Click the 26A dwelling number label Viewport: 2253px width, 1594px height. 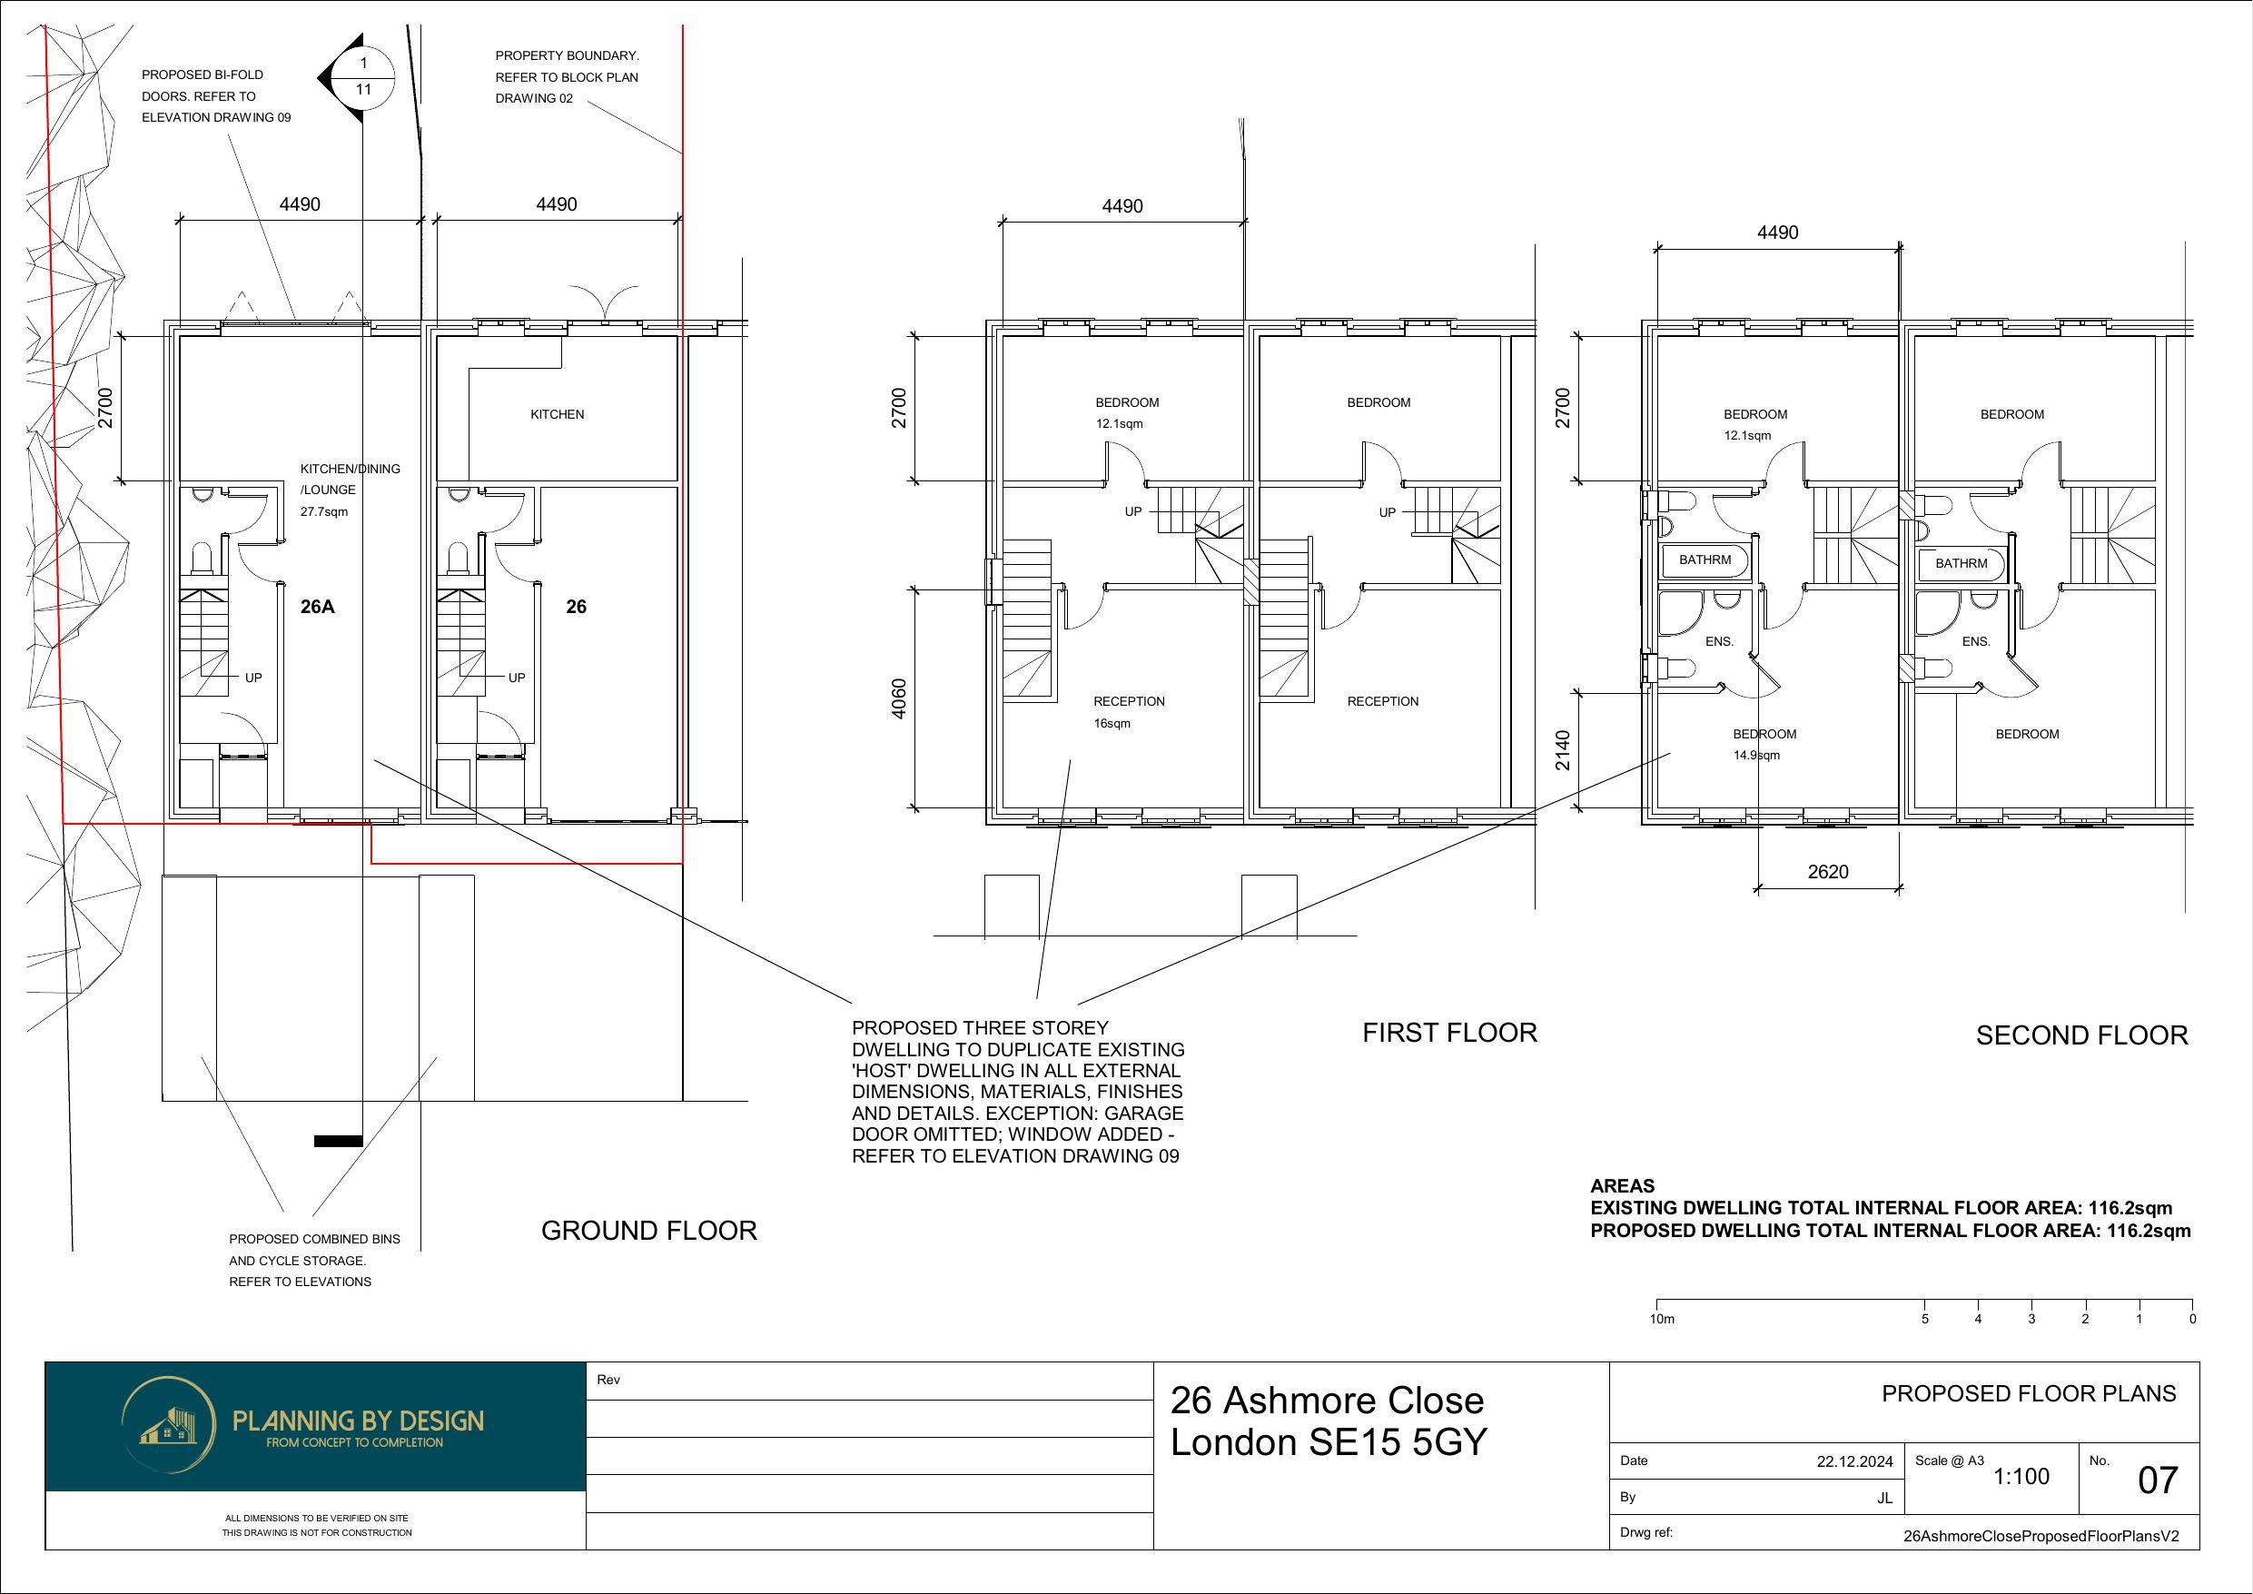pyautogui.click(x=317, y=607)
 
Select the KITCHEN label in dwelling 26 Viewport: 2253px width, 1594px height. pyautogui.click(x=558, y=414)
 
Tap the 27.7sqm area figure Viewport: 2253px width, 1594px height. pyautogui.click(x=324, y=511)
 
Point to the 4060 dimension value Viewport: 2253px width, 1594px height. pyautogui.click(x=899, y=698)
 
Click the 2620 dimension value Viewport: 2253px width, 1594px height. pyautogui.click(x=1828, y=872)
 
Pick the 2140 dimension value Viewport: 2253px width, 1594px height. pyautogui.click(x=1563, y=751)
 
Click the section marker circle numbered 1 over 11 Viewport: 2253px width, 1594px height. pyautogui.click(x=364, y=76)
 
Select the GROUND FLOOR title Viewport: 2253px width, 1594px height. pyautogui.click(x=649, y=1231)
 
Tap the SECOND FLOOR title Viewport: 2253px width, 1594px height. pyautogui.click(x=2082, y=1035)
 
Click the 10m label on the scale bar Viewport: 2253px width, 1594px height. pyautogui.click(x=1662, y=1319)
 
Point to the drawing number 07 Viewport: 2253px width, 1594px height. pyautogui.click(x=2158, y=1508)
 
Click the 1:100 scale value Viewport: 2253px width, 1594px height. pyautogui.click(x=2021, y=1504)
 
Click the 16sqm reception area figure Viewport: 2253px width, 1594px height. pyautogui.click(x=1112, y=723)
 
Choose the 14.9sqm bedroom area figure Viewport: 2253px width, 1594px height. pyautogui.click(x=1756, y=756)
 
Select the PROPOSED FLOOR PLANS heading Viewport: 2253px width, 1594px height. pyautogui.click(x=2030, y=1394)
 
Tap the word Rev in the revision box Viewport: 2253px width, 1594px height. pyautogui.click(x=608, y=1380)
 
